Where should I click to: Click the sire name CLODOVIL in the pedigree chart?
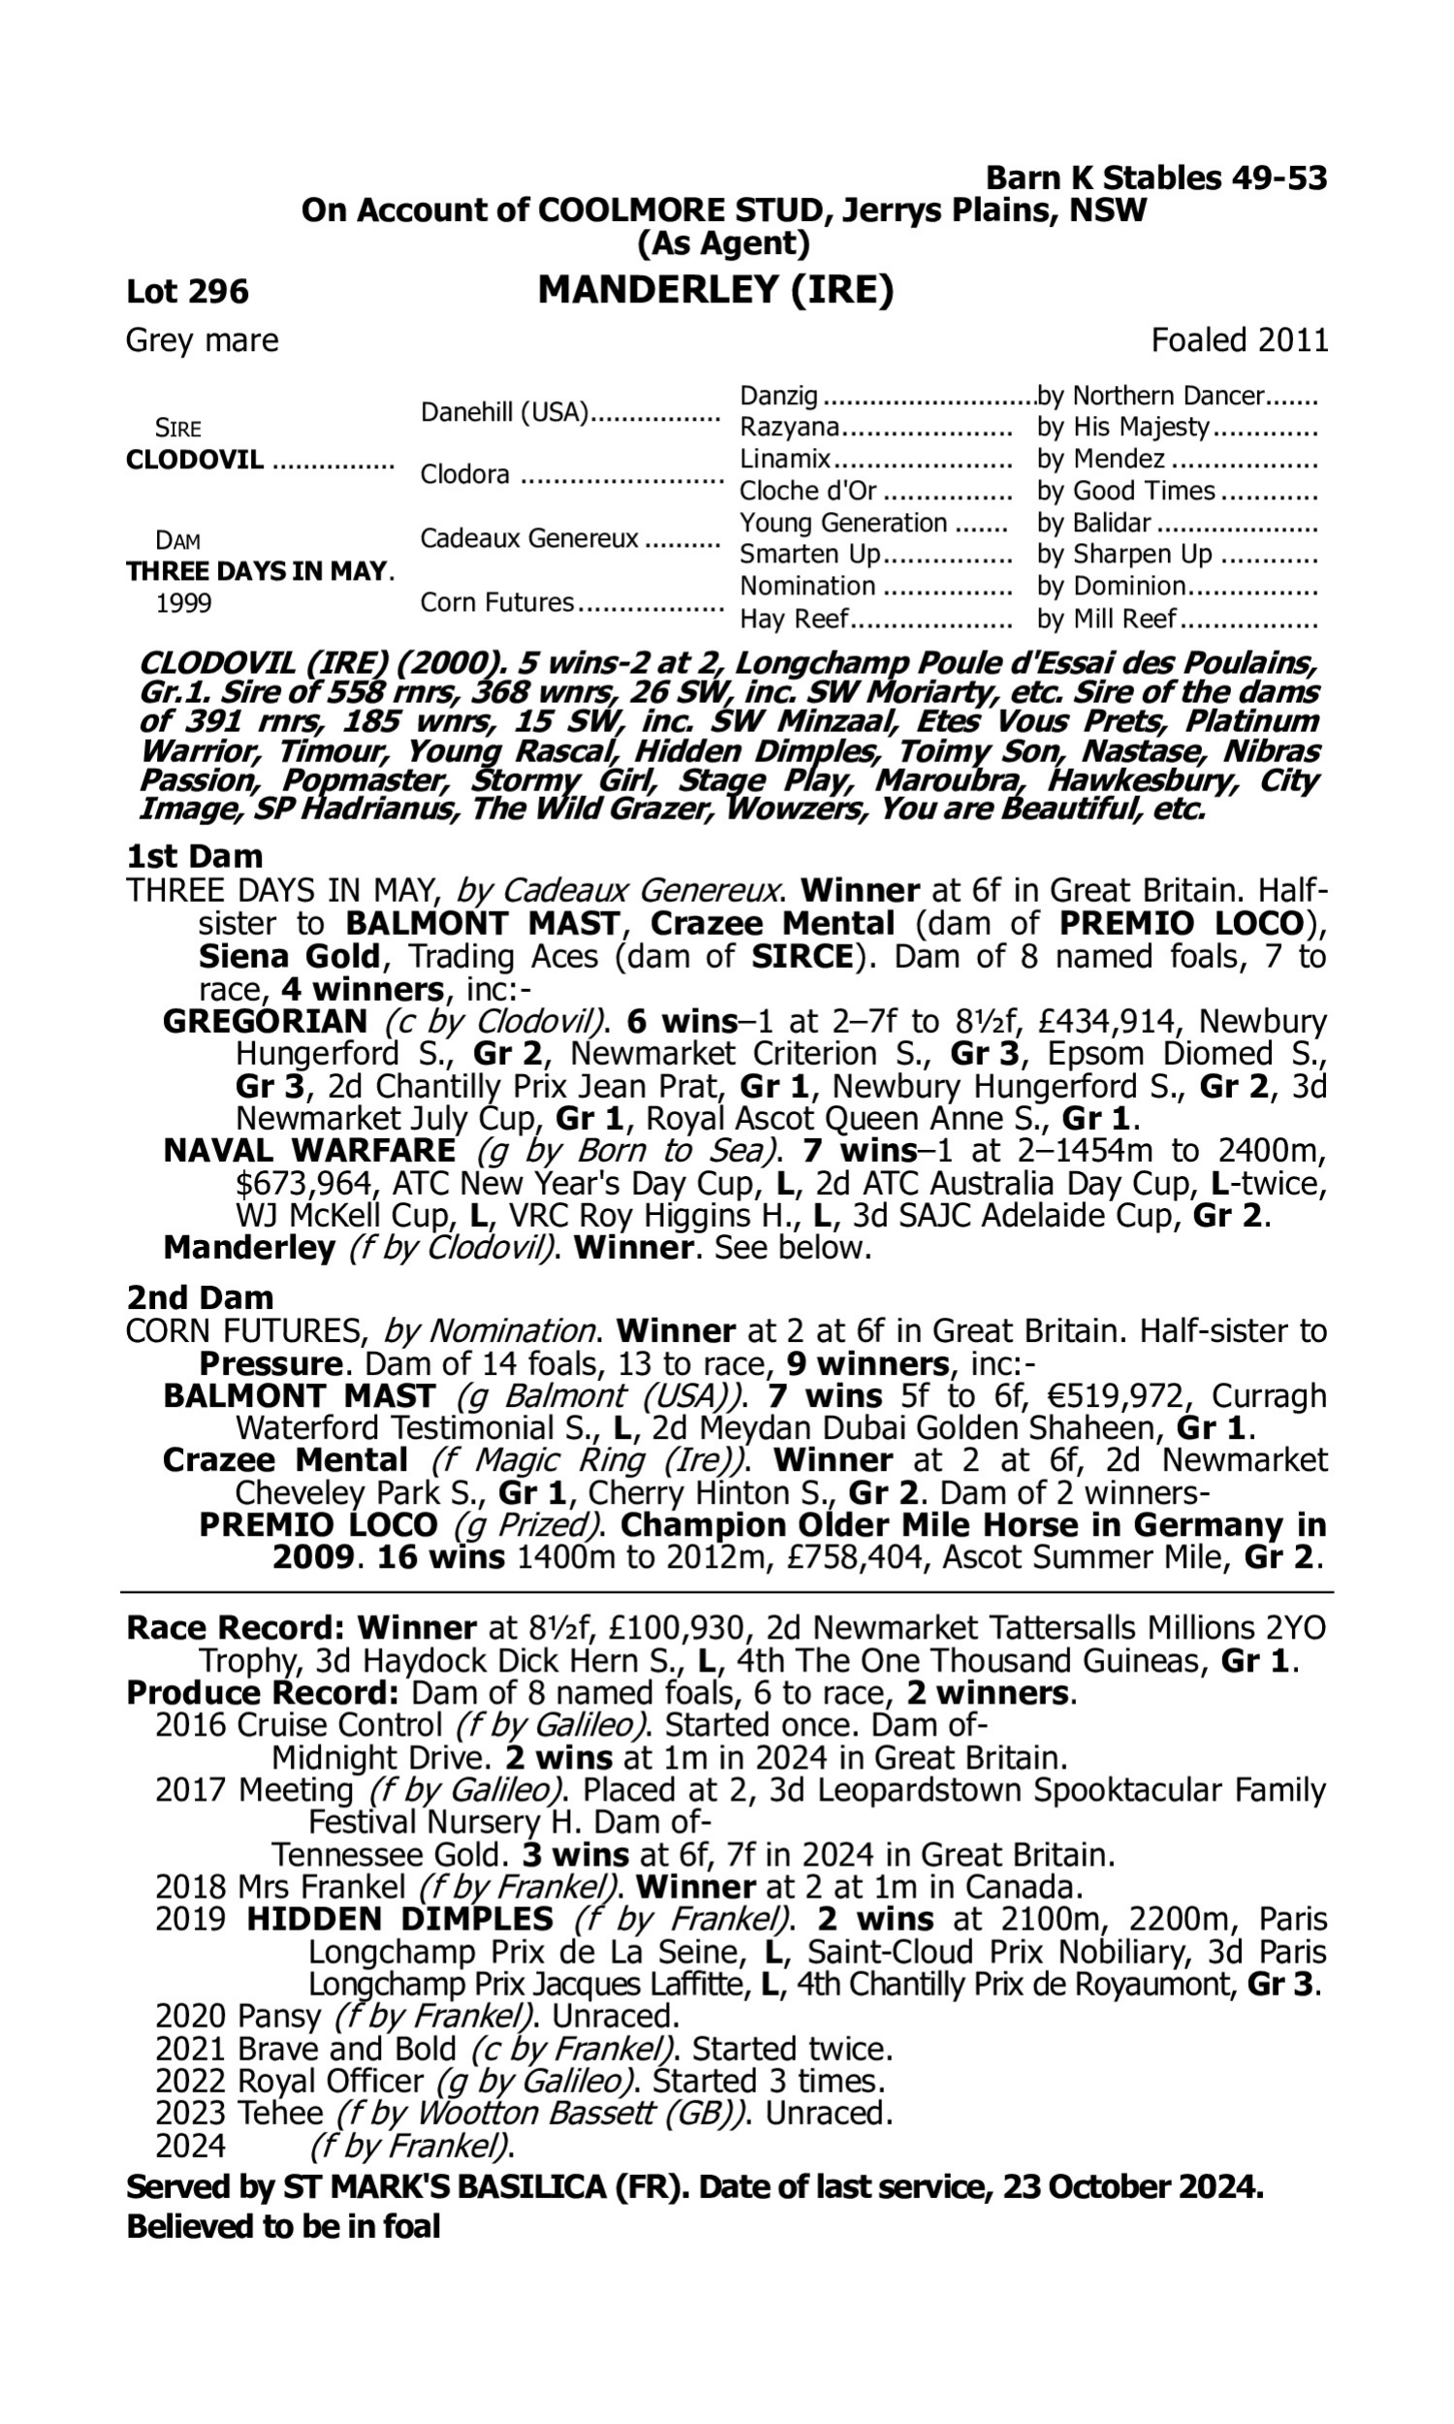click(195, 460)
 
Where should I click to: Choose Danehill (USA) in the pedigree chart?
click(504, 412)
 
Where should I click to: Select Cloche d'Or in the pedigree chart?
click(807, 491)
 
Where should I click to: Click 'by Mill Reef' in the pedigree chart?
click(1106, 620)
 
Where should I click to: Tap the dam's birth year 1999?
click(183, 602)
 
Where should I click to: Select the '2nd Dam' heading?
click(199, 1297)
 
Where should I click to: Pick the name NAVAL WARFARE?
click(308, 1150)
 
